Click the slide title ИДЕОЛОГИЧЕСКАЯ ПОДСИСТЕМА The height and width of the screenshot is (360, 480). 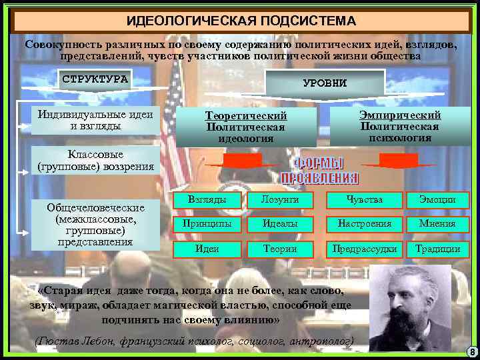[241, 20]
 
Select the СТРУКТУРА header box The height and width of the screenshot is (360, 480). [95, 79]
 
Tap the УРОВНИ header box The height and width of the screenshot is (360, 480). [325, 83]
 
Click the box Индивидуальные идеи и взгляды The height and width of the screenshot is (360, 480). [95, 119]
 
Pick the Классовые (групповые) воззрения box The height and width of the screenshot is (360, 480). [96, 161]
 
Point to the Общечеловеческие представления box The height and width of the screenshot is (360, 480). [96, 223]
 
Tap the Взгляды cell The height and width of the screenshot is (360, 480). [207, 199]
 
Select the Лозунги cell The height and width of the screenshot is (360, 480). [281, 199]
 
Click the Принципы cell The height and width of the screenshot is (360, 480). [207, 224]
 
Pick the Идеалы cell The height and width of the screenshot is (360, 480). [281, 224]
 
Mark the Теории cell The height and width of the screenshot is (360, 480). [281, 249]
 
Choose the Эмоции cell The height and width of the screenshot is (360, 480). [437, 199]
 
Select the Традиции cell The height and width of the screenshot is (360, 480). [437, 249]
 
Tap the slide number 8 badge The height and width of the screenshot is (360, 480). [471, 351]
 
